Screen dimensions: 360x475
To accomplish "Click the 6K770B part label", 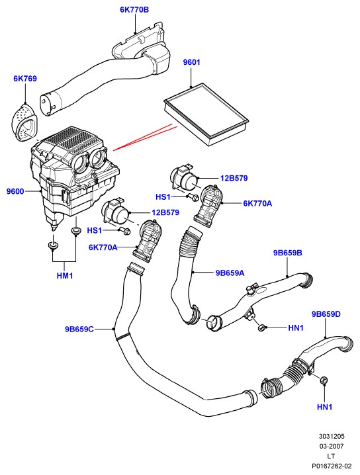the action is pos(134,10).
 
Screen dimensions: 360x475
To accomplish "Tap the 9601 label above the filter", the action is pos(191,62).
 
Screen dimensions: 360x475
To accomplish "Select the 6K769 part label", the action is pos(25,79).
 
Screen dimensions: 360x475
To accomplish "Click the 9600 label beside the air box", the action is pos(15,191).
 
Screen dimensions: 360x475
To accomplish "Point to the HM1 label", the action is pos(65,276).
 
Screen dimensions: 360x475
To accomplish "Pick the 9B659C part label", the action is pos(79,329).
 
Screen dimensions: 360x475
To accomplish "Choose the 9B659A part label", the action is pos(230,273).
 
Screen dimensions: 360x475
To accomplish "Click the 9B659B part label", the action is pos(288,253).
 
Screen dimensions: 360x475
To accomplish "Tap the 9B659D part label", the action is pos(326,314).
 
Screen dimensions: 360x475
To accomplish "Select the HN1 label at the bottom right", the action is pos(324,407).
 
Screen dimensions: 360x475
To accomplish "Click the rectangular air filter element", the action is pos(206,115).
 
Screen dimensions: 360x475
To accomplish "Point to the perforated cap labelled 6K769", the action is pos(24,122).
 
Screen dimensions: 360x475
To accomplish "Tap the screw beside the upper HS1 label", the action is pos(194,197).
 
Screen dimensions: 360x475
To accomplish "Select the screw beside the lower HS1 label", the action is pos(125,230).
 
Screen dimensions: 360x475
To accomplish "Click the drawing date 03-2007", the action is pos(331,446).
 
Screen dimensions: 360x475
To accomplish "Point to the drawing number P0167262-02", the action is pos(332,466).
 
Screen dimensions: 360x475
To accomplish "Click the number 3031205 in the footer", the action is pos(331,437).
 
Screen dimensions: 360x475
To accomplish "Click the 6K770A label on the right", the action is pos(257,203).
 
